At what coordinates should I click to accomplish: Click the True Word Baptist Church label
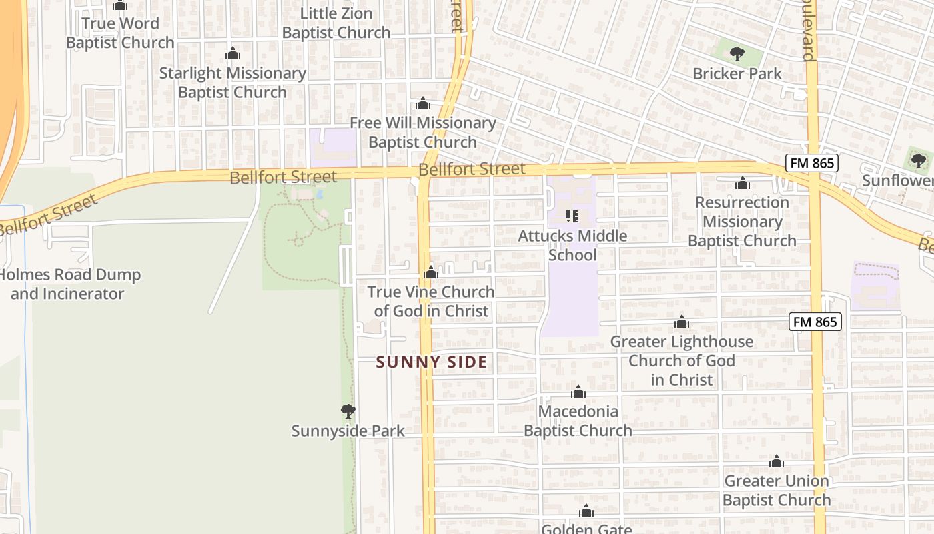point(120,33)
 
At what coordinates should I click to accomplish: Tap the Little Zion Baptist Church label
point(336,23)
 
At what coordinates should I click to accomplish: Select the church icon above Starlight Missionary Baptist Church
point(232,53)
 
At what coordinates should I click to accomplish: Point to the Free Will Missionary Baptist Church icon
point(422,103)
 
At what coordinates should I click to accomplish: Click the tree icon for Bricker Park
point(737,54)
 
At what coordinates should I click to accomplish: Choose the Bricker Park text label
point(737,73)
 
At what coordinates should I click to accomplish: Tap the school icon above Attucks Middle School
point(572,216)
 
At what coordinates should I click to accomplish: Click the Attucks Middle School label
point(572,245)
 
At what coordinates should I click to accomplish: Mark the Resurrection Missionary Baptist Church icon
point(742,183)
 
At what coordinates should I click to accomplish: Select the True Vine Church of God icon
point(431,272)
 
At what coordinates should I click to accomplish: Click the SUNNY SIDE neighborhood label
point(431,362)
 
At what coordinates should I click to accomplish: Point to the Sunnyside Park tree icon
point(348,411)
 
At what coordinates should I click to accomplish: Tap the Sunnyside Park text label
point(348,431)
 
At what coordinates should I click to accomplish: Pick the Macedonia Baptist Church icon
point(578,392)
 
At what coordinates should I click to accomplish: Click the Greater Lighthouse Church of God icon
point(681,322)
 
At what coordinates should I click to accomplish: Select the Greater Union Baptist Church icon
point(776,461)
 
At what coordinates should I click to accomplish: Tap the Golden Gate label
point(586,529)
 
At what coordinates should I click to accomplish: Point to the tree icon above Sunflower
point(918,160)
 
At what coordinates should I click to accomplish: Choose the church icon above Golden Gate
point(586,511)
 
